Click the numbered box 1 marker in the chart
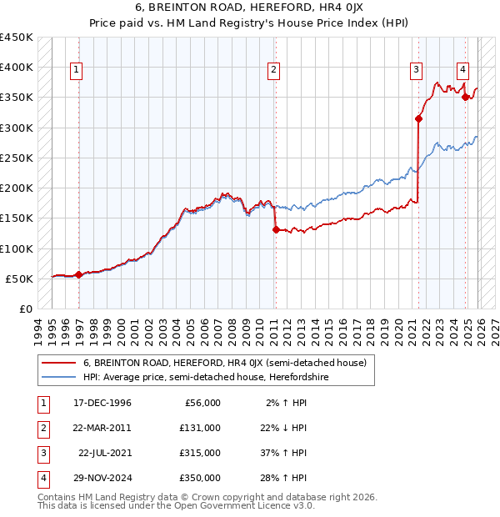pyautogui.click(x=76, y=71)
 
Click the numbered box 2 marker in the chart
pyautogui.click(x=272, y=71)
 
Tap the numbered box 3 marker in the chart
pyautogui.click(x=416, y=71)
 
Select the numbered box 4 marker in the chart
pyautogui.click(x=462, y=71)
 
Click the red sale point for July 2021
pyautogui.click(x=418, y=118)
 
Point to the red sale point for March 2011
pyautogui.click(x=275, y=230)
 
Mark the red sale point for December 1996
pyautogui.click(x=78, y=274)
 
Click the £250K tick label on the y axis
pyautogui.click(x=17, y=158)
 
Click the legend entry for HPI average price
pyautogui.click(x=206, y=377)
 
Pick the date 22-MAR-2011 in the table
pyautogui.click(x=102, y=427)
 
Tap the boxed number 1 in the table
pyautogui.click(x=42, y=403)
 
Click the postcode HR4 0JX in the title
pyautogui.click(x=340, y=8)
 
